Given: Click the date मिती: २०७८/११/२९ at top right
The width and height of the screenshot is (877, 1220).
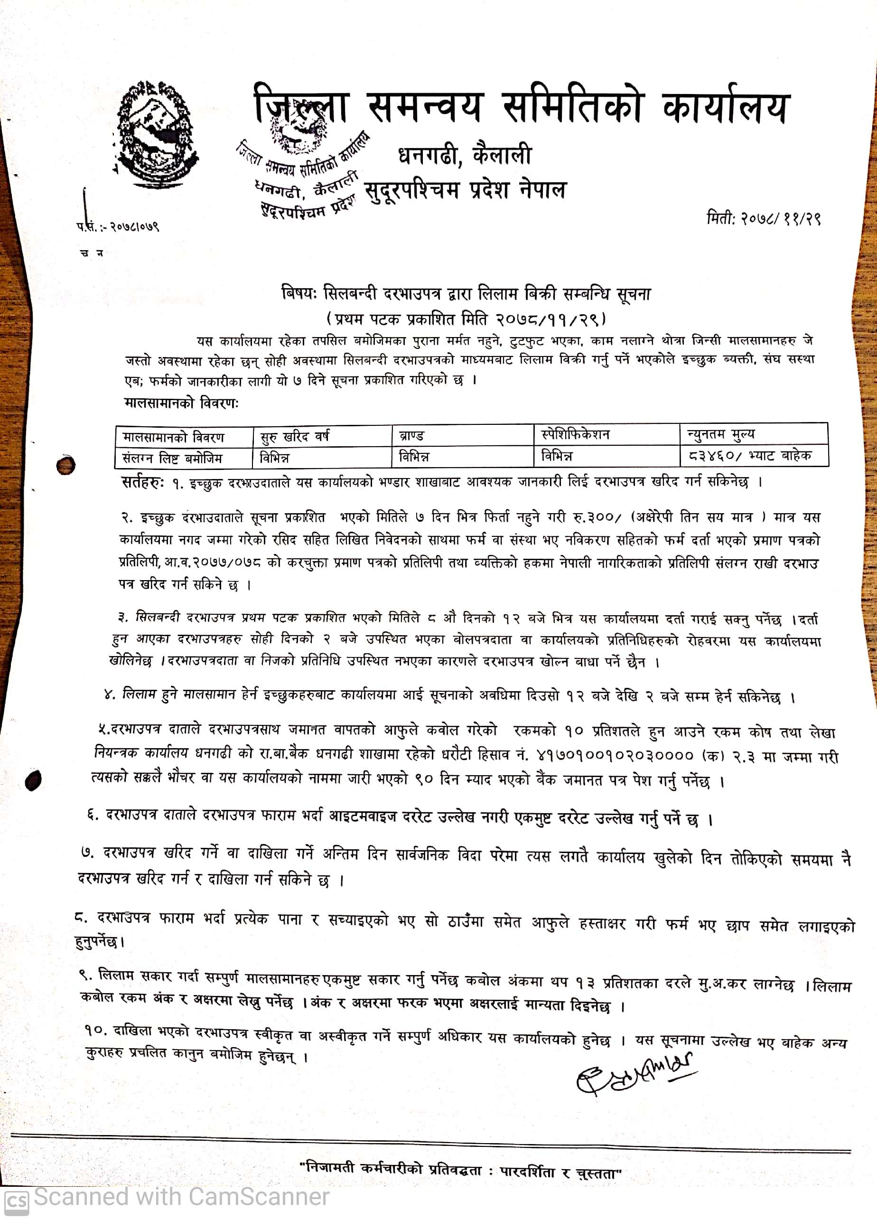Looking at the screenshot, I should pyautogui.click(x=763, y=219).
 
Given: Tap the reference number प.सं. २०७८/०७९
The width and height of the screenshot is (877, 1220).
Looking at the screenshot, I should pyautogui.click(x=118, y=226).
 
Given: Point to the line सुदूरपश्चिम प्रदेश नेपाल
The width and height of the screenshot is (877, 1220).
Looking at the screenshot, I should pyautogui.click(x=465, y=190).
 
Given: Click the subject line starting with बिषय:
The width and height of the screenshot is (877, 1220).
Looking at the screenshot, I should pyautogui.click(x=466, y=294).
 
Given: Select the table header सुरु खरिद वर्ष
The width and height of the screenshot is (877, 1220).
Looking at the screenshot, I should pyautogui.click(x=294, y=436).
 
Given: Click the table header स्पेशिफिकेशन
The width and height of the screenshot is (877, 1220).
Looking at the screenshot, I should pyautogui.click(x=575, y=434).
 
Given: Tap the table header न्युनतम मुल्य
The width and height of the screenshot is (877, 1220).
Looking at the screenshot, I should pyautogui.click(x=720, y=433).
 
